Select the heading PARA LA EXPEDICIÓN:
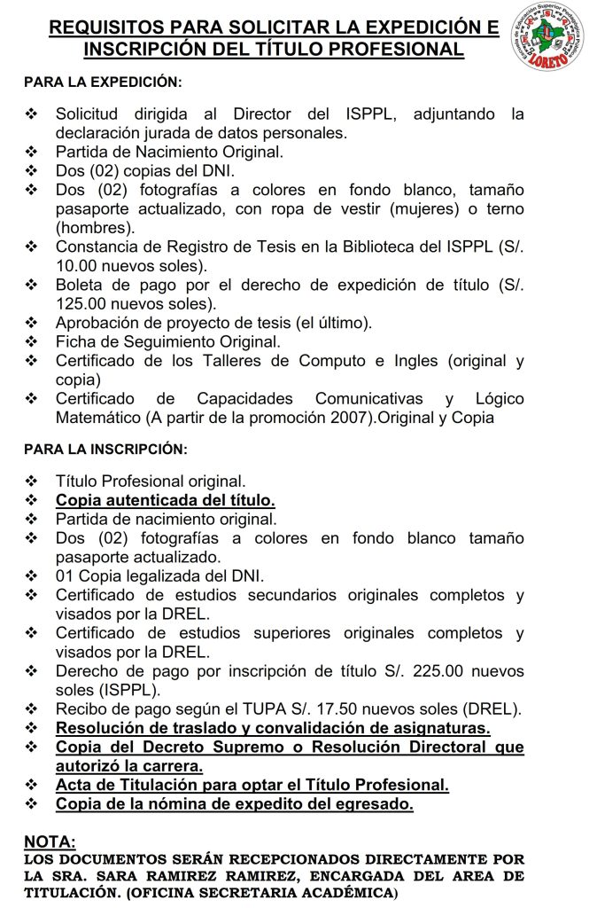point(102,82)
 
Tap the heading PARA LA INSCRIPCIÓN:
point(105,450)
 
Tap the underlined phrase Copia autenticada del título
point(165,499)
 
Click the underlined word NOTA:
point(50,841)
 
